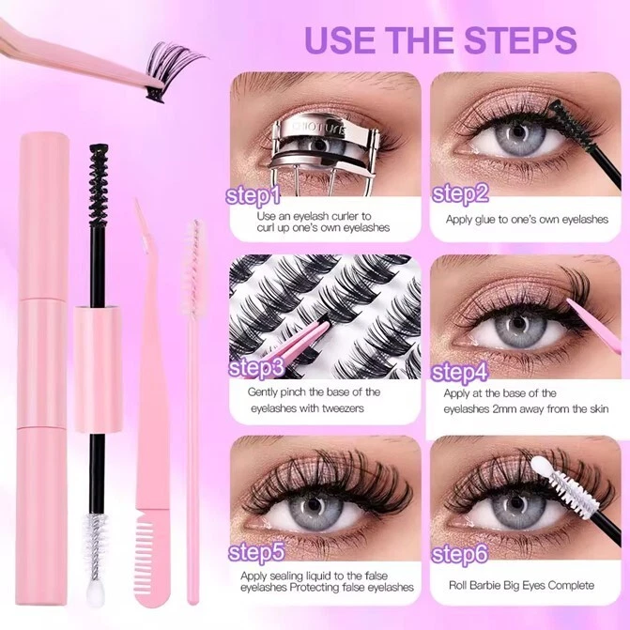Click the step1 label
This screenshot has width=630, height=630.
coord(254,196)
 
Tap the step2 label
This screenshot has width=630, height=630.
coord(461,193)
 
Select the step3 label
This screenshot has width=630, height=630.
coord(256,367)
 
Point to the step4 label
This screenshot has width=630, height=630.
coord(461,372)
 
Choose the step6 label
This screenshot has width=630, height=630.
coord(461,554)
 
